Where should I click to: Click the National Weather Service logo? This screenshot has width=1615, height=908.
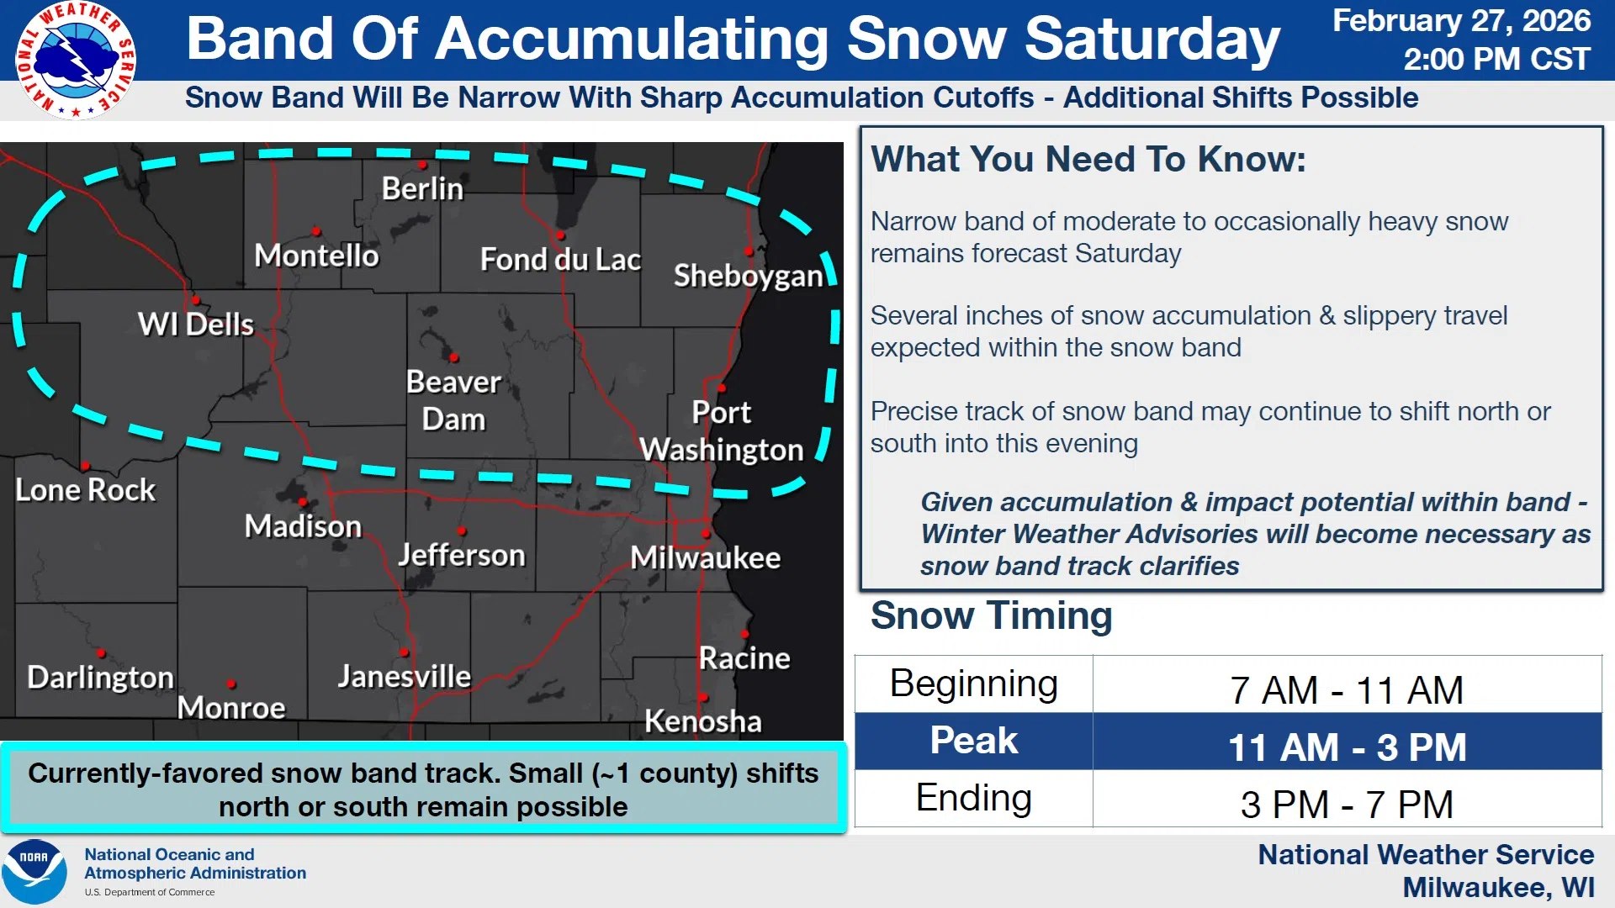pos(76,61)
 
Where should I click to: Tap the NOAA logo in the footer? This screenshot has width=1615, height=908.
pos(34,872)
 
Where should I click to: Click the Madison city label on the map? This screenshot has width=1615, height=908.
pos(303,526)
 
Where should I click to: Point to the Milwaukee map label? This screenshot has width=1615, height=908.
pos(705,557)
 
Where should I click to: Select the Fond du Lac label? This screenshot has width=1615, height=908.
pos(560,259)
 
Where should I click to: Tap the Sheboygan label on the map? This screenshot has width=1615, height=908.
pos(748,276)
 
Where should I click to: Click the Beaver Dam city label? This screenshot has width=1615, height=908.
pos(453,400)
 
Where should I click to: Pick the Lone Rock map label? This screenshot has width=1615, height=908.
pos(85,489)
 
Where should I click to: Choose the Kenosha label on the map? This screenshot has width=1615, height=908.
pos(703,721)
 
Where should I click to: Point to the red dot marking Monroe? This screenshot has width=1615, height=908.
pos(231,684)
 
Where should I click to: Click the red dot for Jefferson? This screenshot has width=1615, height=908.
pos(462,531)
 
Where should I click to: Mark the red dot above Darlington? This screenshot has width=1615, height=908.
pos(100,652)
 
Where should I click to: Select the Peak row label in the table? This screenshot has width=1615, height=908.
pos(974,741)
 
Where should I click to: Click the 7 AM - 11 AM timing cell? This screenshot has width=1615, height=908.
pos(1347,690)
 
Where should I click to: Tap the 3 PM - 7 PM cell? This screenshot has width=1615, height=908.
pos(1347,805)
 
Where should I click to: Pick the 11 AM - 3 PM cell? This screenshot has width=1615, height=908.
pos(1347,747)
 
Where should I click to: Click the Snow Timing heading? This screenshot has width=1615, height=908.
pos(991,615)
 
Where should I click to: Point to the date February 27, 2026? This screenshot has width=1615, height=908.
pos(1461,20)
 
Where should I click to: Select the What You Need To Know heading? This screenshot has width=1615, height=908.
pos(1088,159)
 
